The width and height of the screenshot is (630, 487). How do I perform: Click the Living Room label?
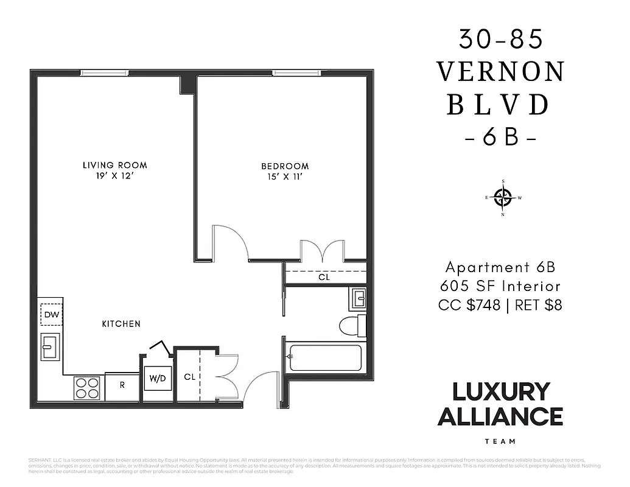114,165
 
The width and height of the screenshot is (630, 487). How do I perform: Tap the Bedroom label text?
285,166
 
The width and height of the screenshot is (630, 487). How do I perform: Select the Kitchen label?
121,324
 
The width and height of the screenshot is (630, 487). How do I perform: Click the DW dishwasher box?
51,315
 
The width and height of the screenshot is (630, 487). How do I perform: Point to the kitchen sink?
50,347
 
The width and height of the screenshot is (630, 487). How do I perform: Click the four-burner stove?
87,388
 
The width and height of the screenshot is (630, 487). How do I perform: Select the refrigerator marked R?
122,385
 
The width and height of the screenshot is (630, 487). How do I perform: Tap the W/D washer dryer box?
158,379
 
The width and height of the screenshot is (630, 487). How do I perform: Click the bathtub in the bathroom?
324,357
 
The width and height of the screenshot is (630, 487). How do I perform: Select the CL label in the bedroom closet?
324,277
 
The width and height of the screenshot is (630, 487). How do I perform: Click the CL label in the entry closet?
190,377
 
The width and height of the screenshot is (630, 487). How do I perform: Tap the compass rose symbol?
503,197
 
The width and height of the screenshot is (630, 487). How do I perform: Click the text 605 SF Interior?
500,286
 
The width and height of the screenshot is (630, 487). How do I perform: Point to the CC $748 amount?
469,304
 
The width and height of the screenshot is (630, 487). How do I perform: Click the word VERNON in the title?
501,72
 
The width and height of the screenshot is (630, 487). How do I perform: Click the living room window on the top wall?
104,74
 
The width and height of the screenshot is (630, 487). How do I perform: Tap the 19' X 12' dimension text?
114,177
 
